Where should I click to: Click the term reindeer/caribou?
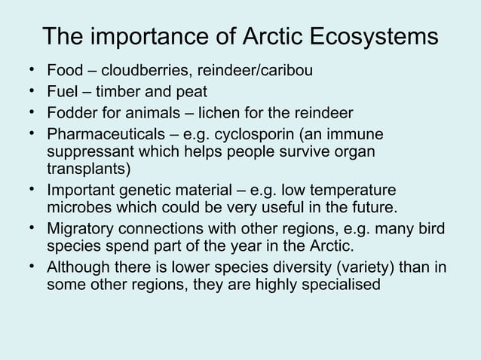point(251,72)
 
